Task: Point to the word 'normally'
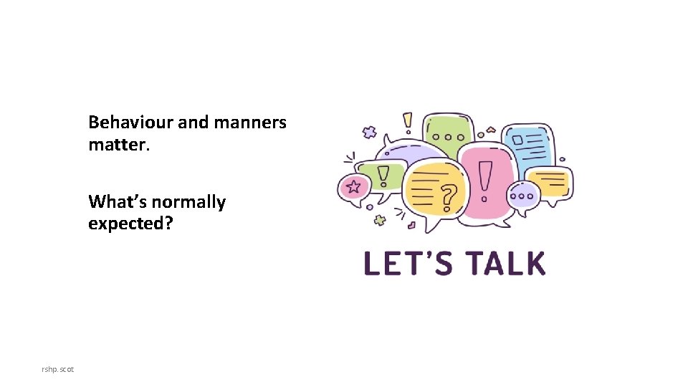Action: (189, 202)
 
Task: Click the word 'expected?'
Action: (130, 224)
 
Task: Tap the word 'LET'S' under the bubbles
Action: (408, 264)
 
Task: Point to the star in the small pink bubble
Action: (353, 188)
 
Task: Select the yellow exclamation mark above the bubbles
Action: (408, 122)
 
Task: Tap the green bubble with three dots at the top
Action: (449, 134)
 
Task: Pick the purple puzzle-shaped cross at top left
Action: (370, 132)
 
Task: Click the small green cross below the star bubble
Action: (379, 220)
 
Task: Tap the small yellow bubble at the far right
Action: (550, 182)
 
